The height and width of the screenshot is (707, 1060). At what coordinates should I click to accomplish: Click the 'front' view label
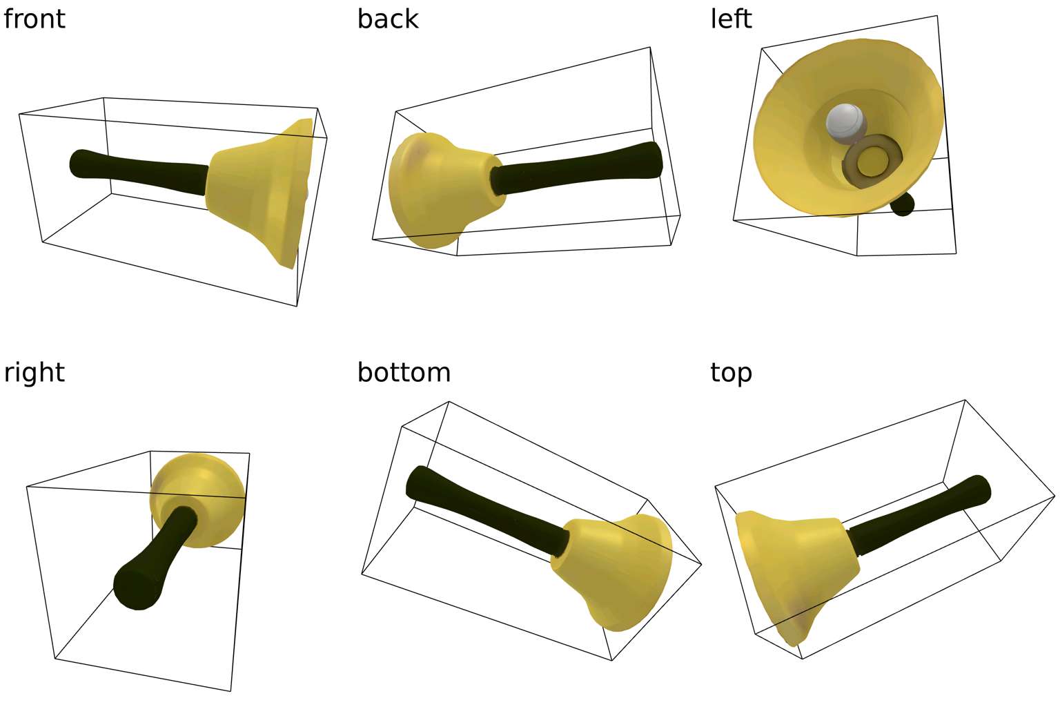click(x=34, y=19)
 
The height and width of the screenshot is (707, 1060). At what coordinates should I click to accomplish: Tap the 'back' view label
click(x=388, y=19)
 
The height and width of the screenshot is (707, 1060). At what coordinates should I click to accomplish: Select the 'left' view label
click(x=731, y=19)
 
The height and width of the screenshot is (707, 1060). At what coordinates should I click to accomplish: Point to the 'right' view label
click(x=34, y=373)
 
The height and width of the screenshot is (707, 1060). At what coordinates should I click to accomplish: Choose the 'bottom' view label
click(x=404, y=373)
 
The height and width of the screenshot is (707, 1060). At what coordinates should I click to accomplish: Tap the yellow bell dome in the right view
click(x=198, y=500)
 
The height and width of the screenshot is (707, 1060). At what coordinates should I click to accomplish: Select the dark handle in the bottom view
click(x=487, y=512)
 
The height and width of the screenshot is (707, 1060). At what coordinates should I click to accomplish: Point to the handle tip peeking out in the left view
click(x=903, y=204)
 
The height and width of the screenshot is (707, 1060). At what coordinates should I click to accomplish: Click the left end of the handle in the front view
click(x=71, y=164)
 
